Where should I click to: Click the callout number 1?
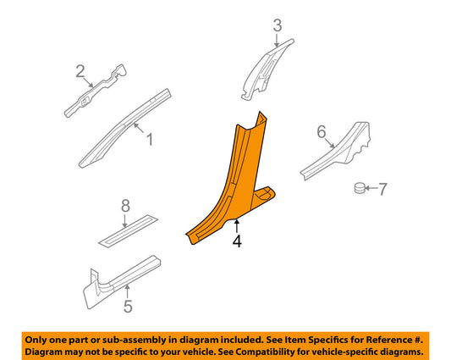[x=150, y=140]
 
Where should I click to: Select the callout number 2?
[x=80, y=71]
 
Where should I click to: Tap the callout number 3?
[x=278, y=25]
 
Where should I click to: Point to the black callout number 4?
[x=237, y=241]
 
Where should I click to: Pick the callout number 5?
[x=128, y=306]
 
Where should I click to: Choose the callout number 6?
[x=322, y=132]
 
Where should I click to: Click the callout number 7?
[x=382, y=189]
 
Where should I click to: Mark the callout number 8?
[x=125, y=206]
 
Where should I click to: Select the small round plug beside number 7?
[x=360, y=188]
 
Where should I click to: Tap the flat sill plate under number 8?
[x=128, y=231]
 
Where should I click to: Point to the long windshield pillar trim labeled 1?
[x=125, y=128]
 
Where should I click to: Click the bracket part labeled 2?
[x=96, y=91]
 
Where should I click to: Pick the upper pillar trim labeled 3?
[x=266, y=70]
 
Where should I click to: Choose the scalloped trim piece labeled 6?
[x=337, y=151]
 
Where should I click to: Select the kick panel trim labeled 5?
[x=122, y=282]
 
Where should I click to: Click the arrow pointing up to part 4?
[x=236, y=226]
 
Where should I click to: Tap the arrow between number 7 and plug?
[x=371, y=188]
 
